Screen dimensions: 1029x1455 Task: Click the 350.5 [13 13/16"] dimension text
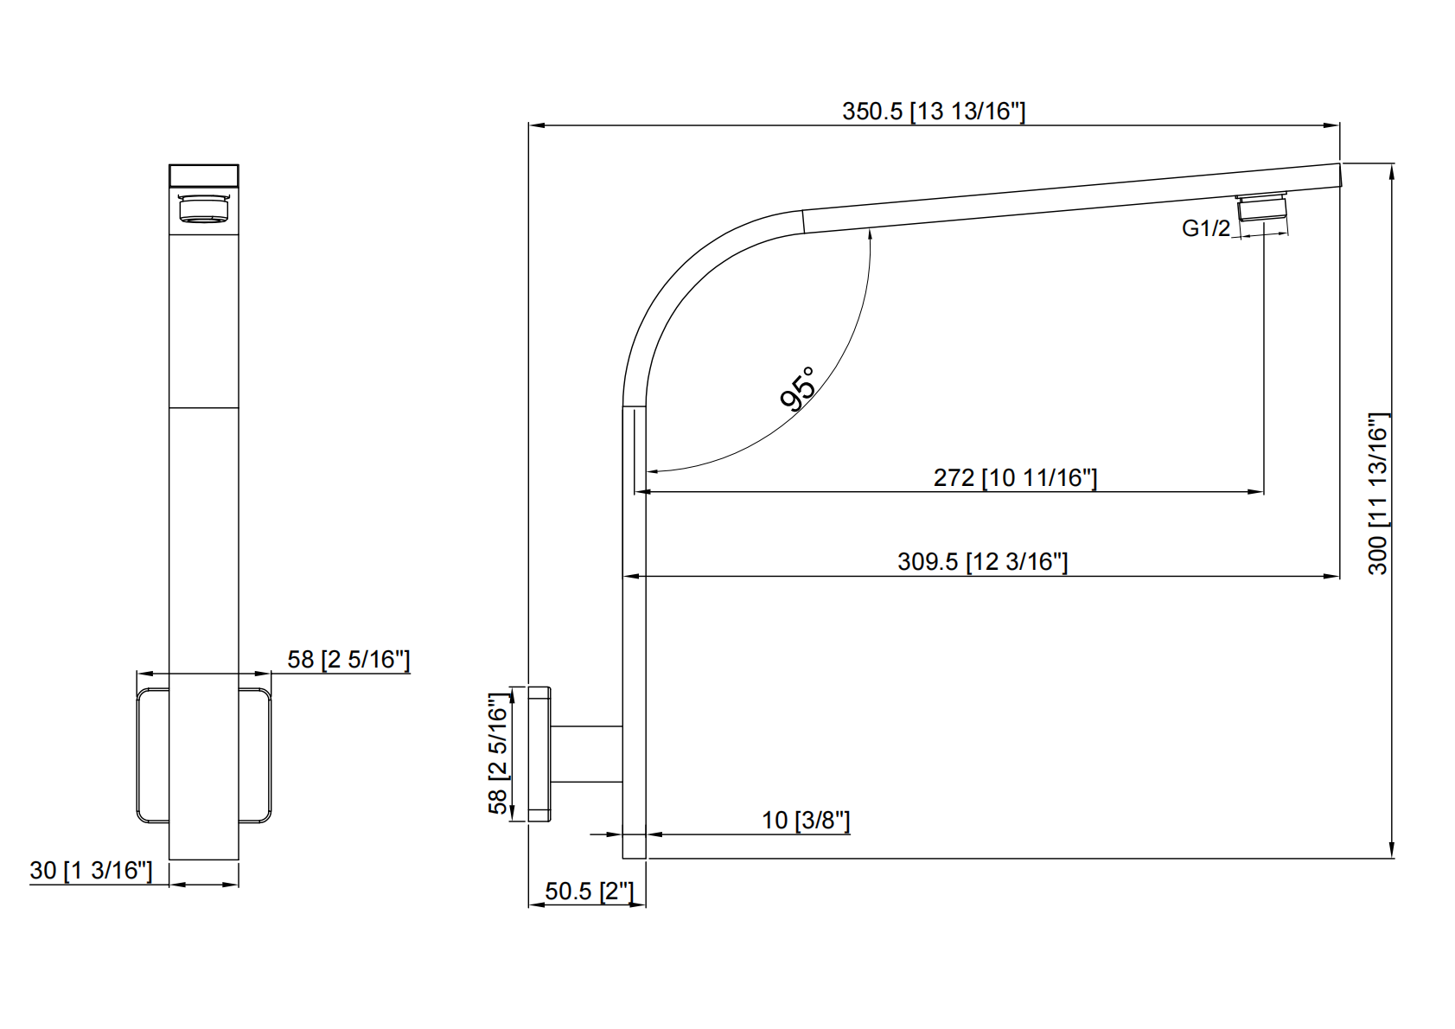tap(933, 112)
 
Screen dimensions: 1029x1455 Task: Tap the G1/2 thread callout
tap(1205, 228)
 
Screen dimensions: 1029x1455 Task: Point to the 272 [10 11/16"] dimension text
tap(1015, 477)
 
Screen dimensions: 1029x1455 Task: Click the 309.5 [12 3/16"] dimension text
tap(982, 561)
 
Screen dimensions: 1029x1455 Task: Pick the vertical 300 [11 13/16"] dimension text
tap(1378, 493)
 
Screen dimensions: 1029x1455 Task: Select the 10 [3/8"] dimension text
tap(805, 820)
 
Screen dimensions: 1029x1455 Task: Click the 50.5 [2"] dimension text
tap(589, 891)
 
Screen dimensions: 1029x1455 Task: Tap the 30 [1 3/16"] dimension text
tap(91, 870)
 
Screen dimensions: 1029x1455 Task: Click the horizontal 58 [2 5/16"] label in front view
tap(348, 660)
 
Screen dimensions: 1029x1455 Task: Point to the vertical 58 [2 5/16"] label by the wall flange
tap(499, 753)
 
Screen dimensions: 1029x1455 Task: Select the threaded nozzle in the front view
tap(203, 209)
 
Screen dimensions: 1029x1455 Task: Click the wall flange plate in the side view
tap(539, 753)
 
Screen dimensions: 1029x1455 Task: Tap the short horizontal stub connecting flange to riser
tap(587, 754)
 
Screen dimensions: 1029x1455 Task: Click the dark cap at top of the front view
tap(203, 176)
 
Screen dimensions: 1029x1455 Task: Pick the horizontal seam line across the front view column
tap(203, 407)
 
